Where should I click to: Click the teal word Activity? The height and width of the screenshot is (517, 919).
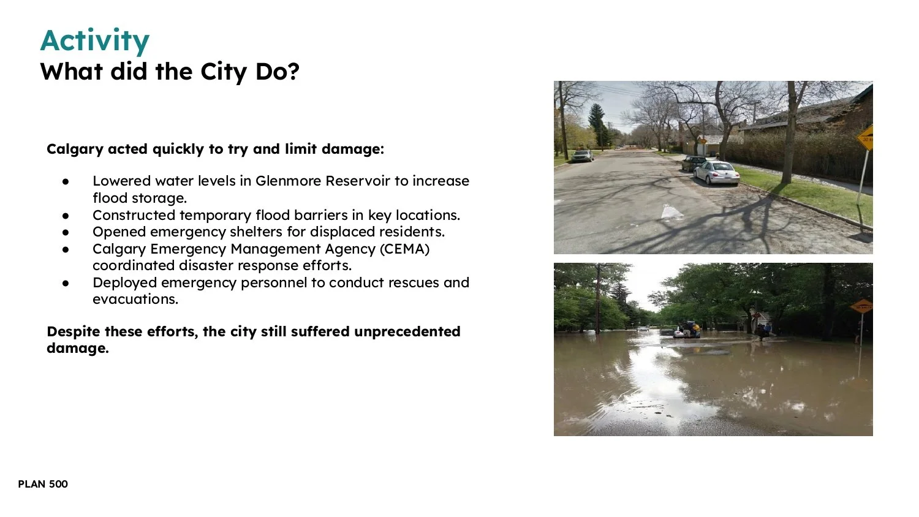click(94, 41)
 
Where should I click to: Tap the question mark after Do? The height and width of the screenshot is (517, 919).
click(293, 72)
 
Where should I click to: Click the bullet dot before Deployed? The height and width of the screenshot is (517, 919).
click(66, 284)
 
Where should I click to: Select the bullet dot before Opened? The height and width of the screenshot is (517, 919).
click(66, 233)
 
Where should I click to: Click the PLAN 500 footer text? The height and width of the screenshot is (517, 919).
click(43, 484)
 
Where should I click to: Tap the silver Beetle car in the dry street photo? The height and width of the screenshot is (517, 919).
click(716, 172)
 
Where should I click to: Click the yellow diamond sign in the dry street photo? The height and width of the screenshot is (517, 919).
click(865, 138)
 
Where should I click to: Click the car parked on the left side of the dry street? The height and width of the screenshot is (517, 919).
click(582, 156)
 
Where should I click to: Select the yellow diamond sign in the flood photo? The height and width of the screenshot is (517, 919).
click(861, 306)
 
